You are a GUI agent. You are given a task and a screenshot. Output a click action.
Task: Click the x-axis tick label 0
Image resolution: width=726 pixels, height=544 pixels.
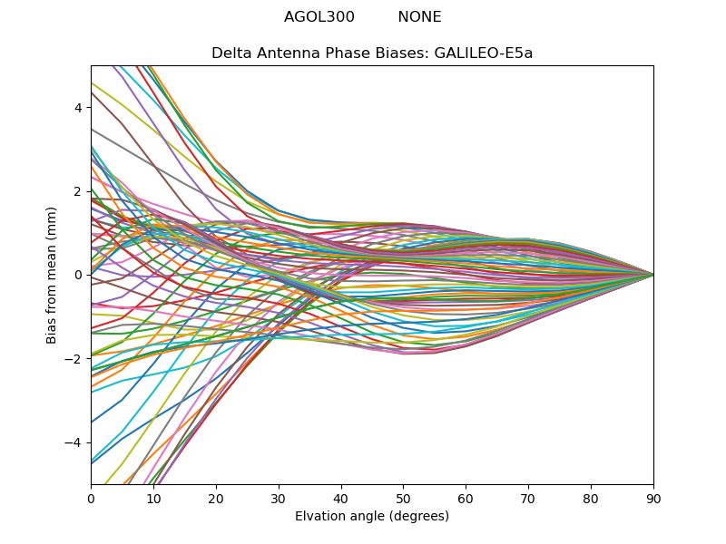pos(91,498)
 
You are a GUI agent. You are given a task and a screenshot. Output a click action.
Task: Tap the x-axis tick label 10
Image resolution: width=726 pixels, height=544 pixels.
pos(153,498)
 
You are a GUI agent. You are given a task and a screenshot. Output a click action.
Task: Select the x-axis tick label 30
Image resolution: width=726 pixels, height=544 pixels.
pos(279,498)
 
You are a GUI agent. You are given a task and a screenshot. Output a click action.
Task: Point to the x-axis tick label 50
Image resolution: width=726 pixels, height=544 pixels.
pos(403,498)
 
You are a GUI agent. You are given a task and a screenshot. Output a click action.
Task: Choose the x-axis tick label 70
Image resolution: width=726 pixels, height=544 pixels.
pos(528,498)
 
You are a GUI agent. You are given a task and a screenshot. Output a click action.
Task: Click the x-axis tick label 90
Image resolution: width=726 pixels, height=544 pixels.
pos(653,498)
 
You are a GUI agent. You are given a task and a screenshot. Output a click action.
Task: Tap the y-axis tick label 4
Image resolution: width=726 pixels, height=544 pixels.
pos(78,107)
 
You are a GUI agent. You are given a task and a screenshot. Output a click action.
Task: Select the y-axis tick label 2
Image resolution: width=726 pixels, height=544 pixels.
pos(78,191)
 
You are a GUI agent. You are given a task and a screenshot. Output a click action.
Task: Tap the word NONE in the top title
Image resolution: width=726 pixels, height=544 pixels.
pos(419,17)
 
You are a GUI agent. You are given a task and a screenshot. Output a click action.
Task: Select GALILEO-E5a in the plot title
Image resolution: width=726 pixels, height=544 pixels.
pos(484,53)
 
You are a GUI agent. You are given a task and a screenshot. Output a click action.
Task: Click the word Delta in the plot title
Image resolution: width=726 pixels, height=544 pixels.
pos(231,53)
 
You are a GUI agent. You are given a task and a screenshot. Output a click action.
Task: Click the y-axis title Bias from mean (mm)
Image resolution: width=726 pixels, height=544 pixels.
pos(52,274)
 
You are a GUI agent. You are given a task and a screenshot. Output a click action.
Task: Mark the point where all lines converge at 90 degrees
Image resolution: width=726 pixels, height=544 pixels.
pos(653,275)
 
